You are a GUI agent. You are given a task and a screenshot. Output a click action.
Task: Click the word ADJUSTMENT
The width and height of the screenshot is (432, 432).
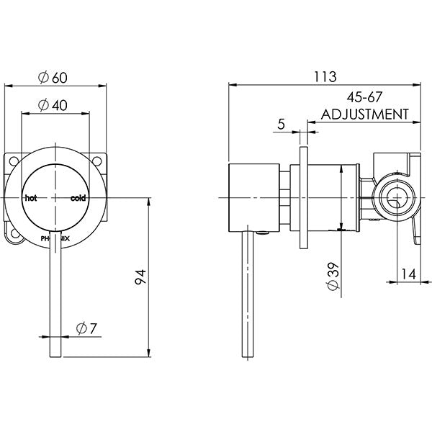(365, 114)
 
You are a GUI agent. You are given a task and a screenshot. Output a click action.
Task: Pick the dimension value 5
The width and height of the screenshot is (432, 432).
(282, 124)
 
